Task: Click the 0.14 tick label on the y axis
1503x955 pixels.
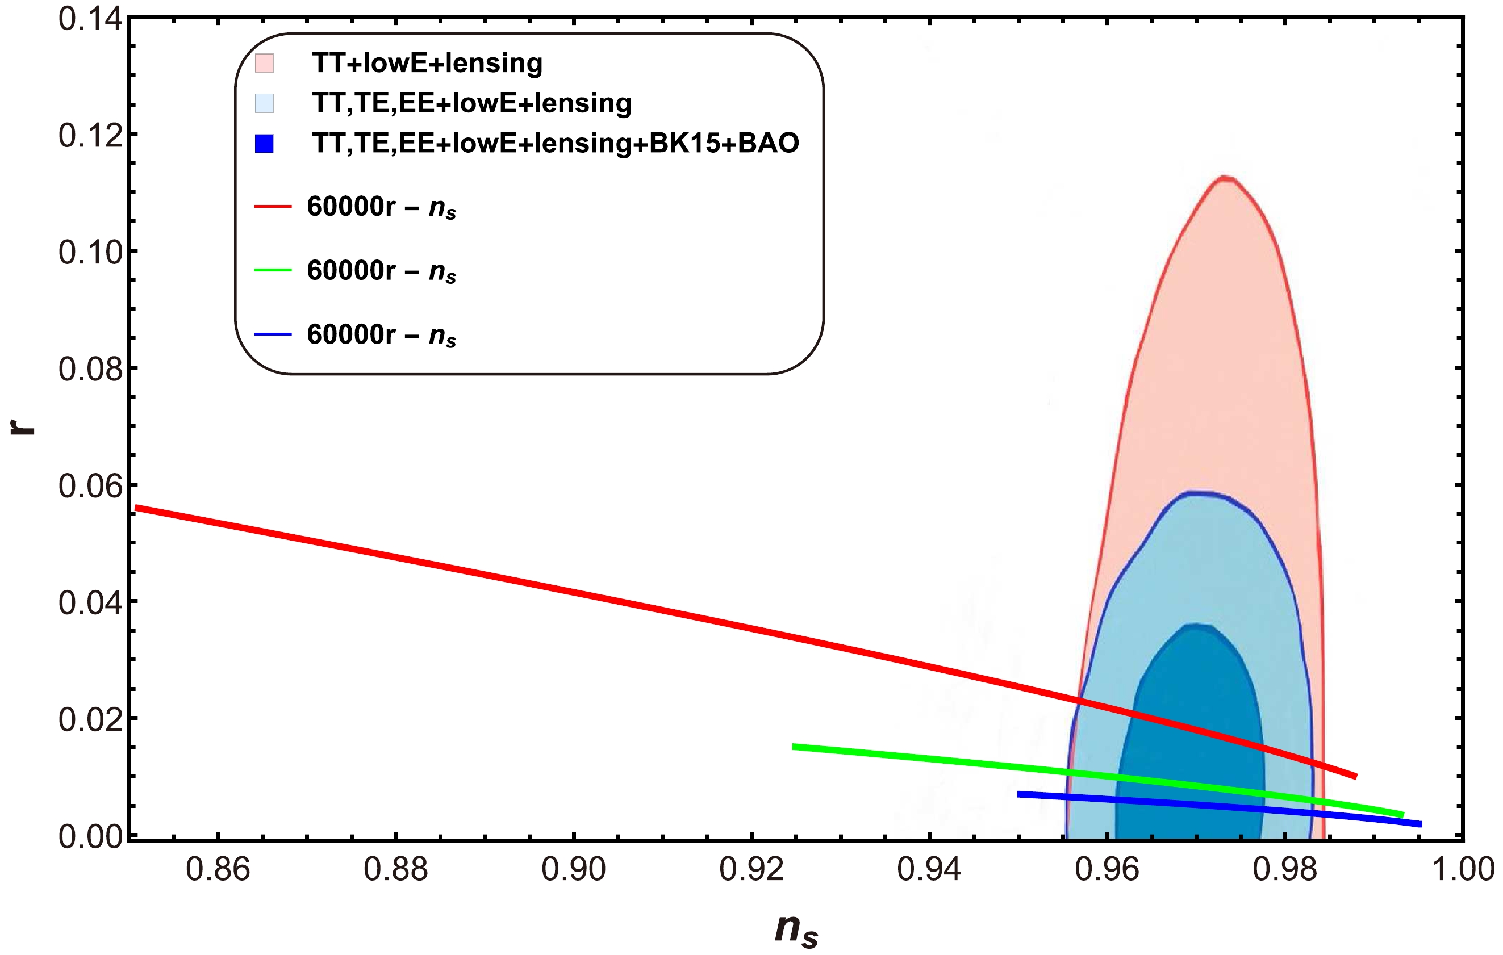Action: click(90, 19)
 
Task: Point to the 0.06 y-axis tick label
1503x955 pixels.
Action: click(90, 485)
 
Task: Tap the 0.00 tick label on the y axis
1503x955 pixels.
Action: click(90, 836)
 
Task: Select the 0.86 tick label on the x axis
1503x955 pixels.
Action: click(218, 869)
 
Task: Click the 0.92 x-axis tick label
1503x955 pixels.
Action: click(751, 869)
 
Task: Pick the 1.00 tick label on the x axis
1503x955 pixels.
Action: click(1463, 869)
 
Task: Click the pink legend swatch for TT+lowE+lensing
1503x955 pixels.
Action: click(264, 63)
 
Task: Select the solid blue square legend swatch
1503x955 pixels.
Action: click(264, 144)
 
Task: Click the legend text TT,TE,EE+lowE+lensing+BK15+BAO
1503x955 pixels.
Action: click(556, 144)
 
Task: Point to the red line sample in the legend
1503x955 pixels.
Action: click(273, 206)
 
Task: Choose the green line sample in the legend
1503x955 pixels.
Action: click(273, 270)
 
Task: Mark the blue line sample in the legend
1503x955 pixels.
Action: click(273, 335)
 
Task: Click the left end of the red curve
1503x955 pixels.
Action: click(137, 508)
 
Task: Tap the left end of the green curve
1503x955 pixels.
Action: click(794, 747)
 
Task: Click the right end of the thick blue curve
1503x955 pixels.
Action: click(1421, 824)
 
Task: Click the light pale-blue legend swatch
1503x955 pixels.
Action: click(264, 103)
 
